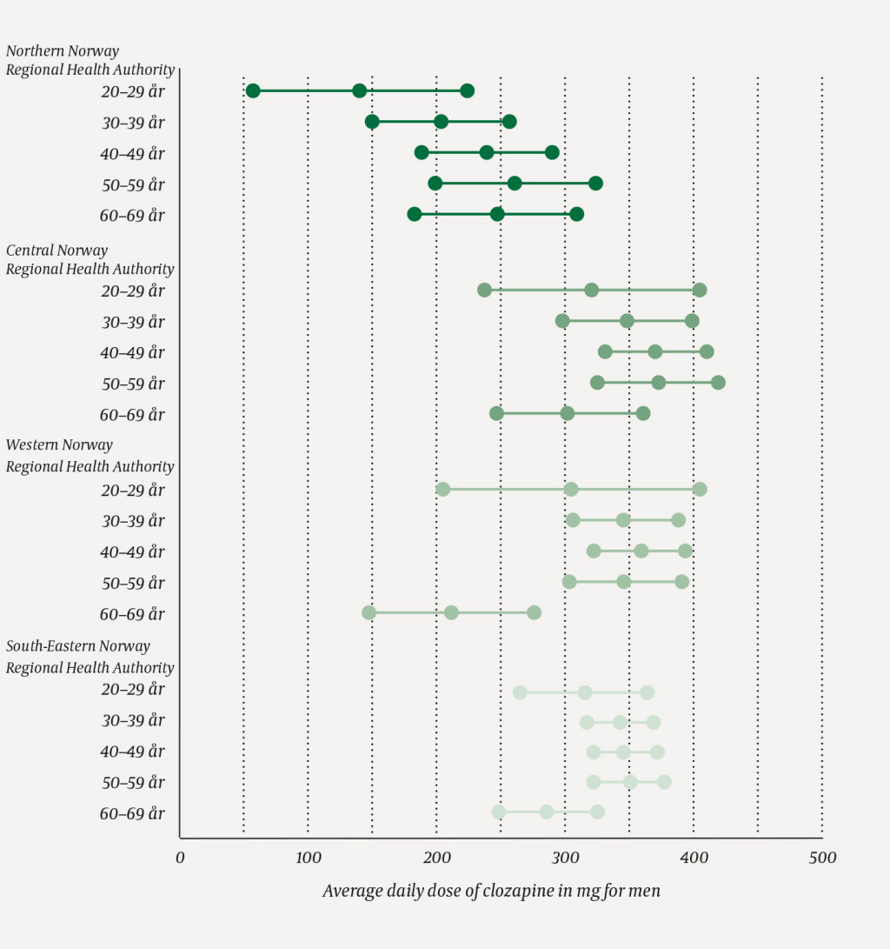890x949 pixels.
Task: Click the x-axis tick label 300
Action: coord(565,859)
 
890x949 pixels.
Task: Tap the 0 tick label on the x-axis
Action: coord(180,859)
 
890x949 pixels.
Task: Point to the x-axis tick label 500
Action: coord(821,859)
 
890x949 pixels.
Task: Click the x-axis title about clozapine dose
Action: coord(491,892)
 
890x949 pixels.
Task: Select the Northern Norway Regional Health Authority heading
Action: coord(90,61)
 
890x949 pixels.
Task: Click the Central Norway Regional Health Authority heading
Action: coord(90,260)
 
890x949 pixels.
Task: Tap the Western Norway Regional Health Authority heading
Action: coord(90,456)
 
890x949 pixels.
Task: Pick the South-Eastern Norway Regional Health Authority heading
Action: coord(90,657)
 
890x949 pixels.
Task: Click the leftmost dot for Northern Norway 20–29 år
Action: coord(253,90)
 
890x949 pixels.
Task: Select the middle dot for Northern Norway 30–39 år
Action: coord(441,121)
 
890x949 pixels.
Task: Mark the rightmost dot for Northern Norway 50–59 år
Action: coord(595,183)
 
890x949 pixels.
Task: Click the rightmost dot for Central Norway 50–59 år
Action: coord(718,383)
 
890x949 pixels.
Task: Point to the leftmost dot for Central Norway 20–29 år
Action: coord(484,290)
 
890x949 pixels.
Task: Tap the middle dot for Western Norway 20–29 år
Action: coord(571,489)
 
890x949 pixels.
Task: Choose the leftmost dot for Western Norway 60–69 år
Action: coord(369,612)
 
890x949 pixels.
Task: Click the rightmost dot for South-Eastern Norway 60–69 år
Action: coord(597,812)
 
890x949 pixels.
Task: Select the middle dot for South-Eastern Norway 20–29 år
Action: coord(585,692)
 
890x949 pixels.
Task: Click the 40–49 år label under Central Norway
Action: coord(132,353)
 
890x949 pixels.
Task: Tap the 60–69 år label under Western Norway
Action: coord(132,614)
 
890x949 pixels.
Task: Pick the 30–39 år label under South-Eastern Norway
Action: coord(132,721)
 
